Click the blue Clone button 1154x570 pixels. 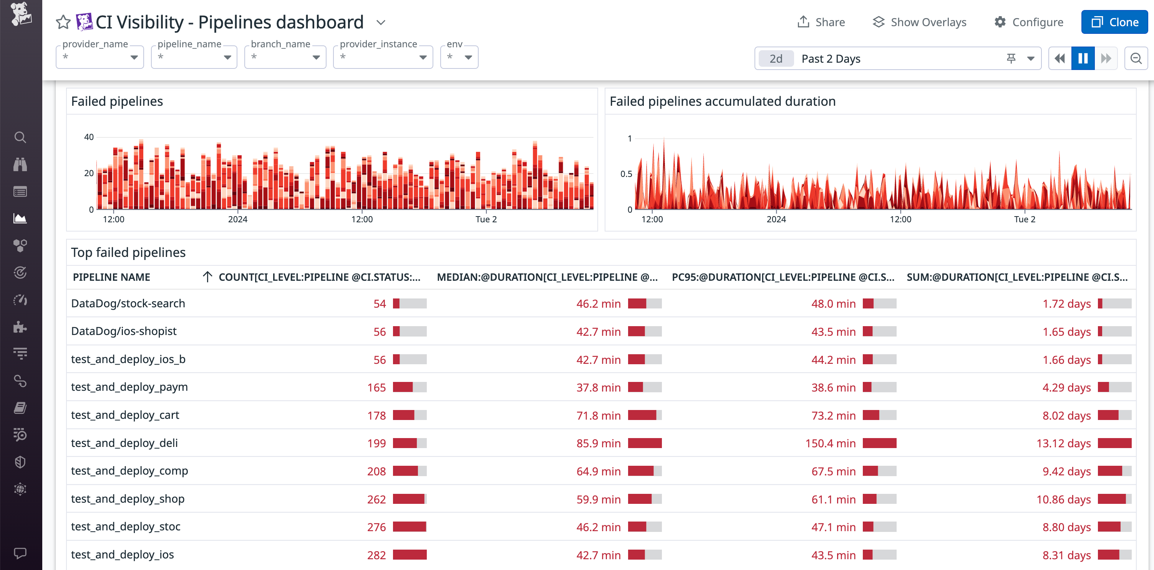(1114, 22)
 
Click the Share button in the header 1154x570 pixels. (821, 22)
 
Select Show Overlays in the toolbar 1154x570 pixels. (920, 22)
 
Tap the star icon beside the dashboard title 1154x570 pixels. (63, 22)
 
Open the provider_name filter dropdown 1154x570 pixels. (99, 57)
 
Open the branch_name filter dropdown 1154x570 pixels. (285, 57)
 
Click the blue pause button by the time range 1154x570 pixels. (1083, 58)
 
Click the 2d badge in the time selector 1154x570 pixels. (776, 59)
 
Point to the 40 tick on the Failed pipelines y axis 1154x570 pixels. (89, 137)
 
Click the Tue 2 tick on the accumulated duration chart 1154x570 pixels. (1025, 219)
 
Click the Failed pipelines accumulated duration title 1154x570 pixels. (722, 102)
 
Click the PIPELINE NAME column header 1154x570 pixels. (111, 277)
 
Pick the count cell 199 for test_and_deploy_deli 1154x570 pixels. (376, 443)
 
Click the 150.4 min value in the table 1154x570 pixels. (830, 443)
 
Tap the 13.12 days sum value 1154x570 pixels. (1063, 443)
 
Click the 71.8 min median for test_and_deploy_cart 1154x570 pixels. (598, 415)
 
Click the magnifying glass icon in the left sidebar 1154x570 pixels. (20, 137)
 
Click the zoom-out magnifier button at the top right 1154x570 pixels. (1136, 58)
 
